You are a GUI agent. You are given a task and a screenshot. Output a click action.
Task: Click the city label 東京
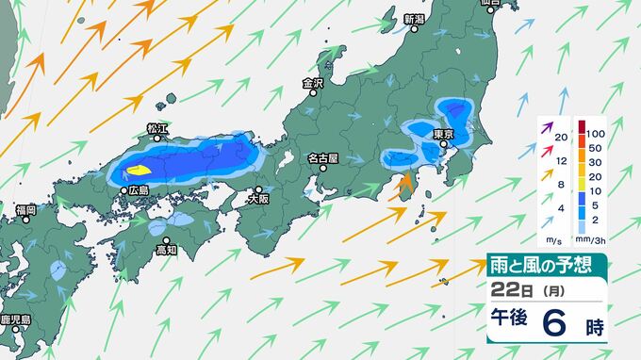pos(445,135)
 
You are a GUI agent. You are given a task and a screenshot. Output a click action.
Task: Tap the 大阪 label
pos(258,199)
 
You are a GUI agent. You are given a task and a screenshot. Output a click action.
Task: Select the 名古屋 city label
pos(321,157)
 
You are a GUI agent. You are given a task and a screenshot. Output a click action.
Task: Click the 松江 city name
pos(156,127)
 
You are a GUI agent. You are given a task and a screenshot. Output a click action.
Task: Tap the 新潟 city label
pos(415,19)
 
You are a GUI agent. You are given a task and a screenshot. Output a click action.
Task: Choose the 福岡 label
pos(25,208)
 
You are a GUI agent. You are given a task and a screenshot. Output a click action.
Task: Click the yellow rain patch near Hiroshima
pos(138,171)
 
